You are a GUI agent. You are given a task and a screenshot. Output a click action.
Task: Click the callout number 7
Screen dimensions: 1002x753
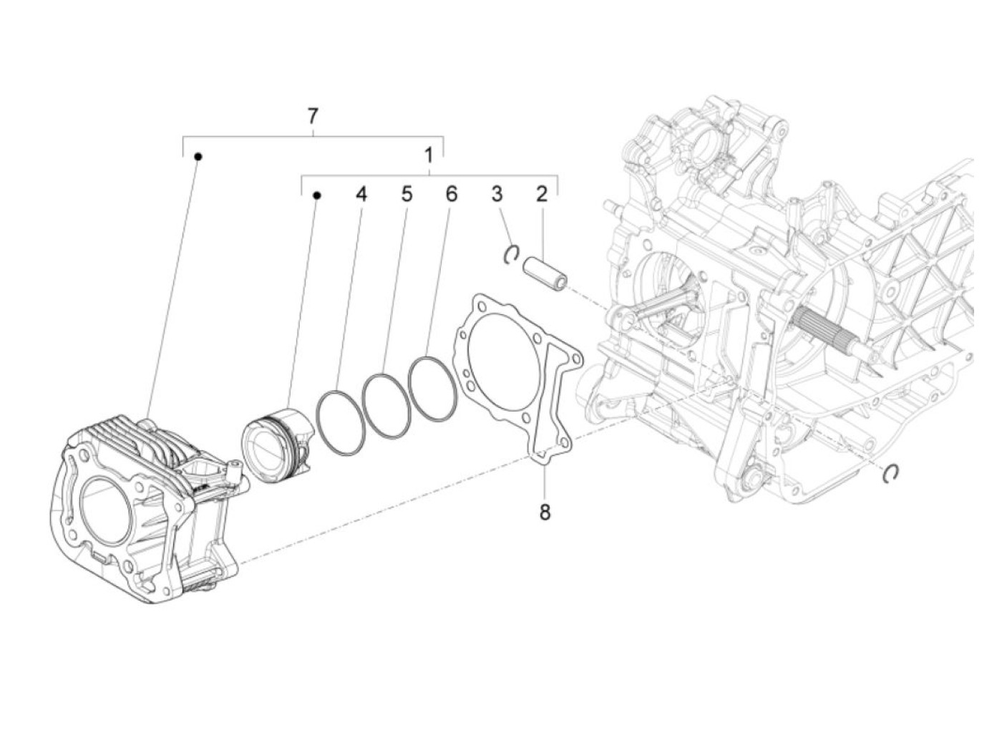[312, 116]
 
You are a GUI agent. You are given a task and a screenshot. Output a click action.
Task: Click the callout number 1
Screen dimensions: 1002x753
[428, 155]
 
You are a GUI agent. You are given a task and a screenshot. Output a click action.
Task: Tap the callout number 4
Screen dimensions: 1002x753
[361, 194]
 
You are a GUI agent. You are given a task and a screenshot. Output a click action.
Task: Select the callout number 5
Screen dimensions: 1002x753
[407, 194]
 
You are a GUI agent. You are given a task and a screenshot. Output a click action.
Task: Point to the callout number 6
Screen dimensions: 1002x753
[451, 194]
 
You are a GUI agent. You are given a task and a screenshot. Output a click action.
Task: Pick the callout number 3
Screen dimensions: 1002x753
[497, 194]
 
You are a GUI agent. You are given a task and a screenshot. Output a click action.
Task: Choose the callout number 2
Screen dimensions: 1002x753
[542, 194]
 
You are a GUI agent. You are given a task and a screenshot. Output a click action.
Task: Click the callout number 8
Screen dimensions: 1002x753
[545, 512]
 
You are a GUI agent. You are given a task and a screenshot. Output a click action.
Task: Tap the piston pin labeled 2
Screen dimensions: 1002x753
[544, 273]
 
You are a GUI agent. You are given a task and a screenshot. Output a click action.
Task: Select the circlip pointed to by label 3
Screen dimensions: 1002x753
[512, 254]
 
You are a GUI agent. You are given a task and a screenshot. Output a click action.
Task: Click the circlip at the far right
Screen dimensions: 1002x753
[891, 473]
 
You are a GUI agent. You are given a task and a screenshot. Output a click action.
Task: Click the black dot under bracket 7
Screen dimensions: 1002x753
[199, 156]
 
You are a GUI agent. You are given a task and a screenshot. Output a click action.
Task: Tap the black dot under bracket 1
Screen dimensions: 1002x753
[317, 195]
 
